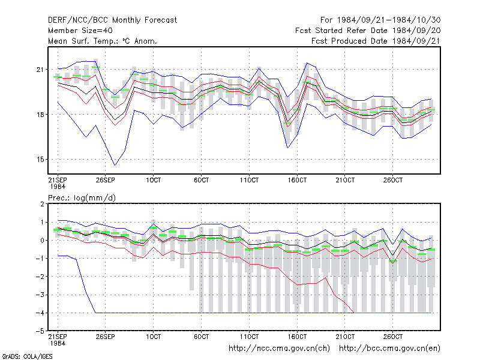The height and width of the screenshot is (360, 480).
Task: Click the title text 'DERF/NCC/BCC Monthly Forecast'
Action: [x=112, y=20]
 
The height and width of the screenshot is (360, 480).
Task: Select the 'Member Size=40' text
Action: [x=80, y=31]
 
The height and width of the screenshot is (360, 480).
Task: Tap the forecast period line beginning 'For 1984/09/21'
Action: [x=380, y=20]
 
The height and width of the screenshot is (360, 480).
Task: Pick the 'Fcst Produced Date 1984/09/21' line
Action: [x=376, y=41]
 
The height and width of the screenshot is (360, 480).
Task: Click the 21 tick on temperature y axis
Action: [x=40, y=70]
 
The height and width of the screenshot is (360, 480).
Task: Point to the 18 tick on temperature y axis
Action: [x=40, y=115]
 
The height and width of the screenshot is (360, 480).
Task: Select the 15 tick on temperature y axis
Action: [x=40, y=160]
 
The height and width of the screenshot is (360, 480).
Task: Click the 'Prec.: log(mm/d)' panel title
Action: [x=82, y=198]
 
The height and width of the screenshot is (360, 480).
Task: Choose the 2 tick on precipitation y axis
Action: [x=42, y=204]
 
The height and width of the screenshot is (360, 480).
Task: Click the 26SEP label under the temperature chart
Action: [x=106, y=180]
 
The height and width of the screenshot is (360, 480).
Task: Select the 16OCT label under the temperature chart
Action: [x=297, y=180]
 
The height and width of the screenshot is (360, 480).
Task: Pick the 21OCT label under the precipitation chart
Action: [x=345, y=337]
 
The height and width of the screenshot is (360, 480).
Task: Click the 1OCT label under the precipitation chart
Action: [x=154, y=337]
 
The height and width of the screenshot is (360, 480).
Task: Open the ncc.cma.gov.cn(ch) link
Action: [x=279, y=349]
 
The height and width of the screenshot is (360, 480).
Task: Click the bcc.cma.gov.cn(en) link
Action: [x=389, y=349]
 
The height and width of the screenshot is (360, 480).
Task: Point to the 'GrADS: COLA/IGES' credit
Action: [x=27, y=356]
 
